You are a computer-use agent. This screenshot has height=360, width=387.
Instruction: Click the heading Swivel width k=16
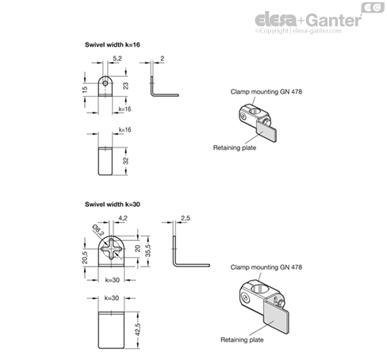tap(113, 44)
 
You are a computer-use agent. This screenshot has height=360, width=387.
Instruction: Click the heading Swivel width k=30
tap(113, 205)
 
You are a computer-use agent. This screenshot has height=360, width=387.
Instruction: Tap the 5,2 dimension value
tap(117, 59)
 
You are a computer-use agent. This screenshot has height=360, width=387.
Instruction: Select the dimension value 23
tap(125, 86)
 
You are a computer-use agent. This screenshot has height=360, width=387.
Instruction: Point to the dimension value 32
tap(126, 161)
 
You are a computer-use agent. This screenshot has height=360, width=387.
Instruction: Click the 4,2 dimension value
tap(123, 218)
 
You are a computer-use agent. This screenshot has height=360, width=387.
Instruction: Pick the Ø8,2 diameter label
tap(98, 230)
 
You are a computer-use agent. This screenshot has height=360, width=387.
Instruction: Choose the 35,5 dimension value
tap(148, 251)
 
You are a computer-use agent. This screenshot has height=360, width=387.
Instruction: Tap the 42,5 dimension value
tap(138, 330)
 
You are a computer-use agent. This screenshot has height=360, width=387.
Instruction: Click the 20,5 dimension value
tap(85, 258)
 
